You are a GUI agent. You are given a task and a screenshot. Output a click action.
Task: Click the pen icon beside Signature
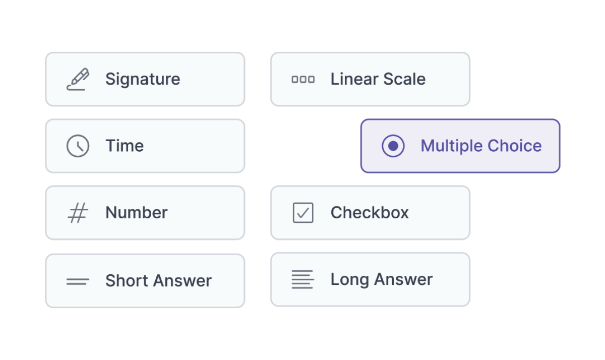tap(78, 79)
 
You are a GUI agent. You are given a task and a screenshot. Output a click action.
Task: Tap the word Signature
tap(143, 79)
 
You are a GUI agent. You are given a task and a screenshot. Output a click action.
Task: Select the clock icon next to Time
tap(78, 146)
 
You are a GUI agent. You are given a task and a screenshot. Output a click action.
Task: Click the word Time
tap(125, 146)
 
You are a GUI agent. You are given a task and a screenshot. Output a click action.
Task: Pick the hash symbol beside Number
tap(78, 213)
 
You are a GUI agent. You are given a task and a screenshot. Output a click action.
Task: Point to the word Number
tap(136, 213)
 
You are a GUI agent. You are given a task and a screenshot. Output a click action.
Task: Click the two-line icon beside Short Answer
tap(78, 281)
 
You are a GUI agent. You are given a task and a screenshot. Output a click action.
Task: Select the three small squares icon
tap(303, 79)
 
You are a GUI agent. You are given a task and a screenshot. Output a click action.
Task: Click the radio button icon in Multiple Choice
tap(393, 146)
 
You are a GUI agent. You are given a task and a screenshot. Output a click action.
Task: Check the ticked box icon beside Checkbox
tap(303, 213)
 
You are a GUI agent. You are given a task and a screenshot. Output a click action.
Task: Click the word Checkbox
tap(370, 213)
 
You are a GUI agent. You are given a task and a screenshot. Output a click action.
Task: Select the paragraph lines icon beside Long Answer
tap(302, 279)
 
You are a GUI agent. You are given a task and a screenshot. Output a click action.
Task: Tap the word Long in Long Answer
tap(349, 280)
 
